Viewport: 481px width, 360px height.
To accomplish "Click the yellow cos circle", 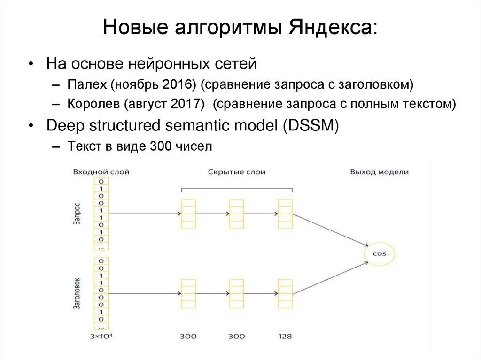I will [x=379, y=253].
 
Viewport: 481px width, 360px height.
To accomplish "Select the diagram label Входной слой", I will [x=101, y=172].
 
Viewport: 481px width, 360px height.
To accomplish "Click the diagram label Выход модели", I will [x=379, y=172].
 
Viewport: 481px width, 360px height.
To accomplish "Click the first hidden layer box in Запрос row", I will [x=188, y=214].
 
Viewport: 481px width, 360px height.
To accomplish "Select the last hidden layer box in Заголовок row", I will [x=285, y=294].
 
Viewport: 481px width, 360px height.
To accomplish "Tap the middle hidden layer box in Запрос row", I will [x=236, y=214].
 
